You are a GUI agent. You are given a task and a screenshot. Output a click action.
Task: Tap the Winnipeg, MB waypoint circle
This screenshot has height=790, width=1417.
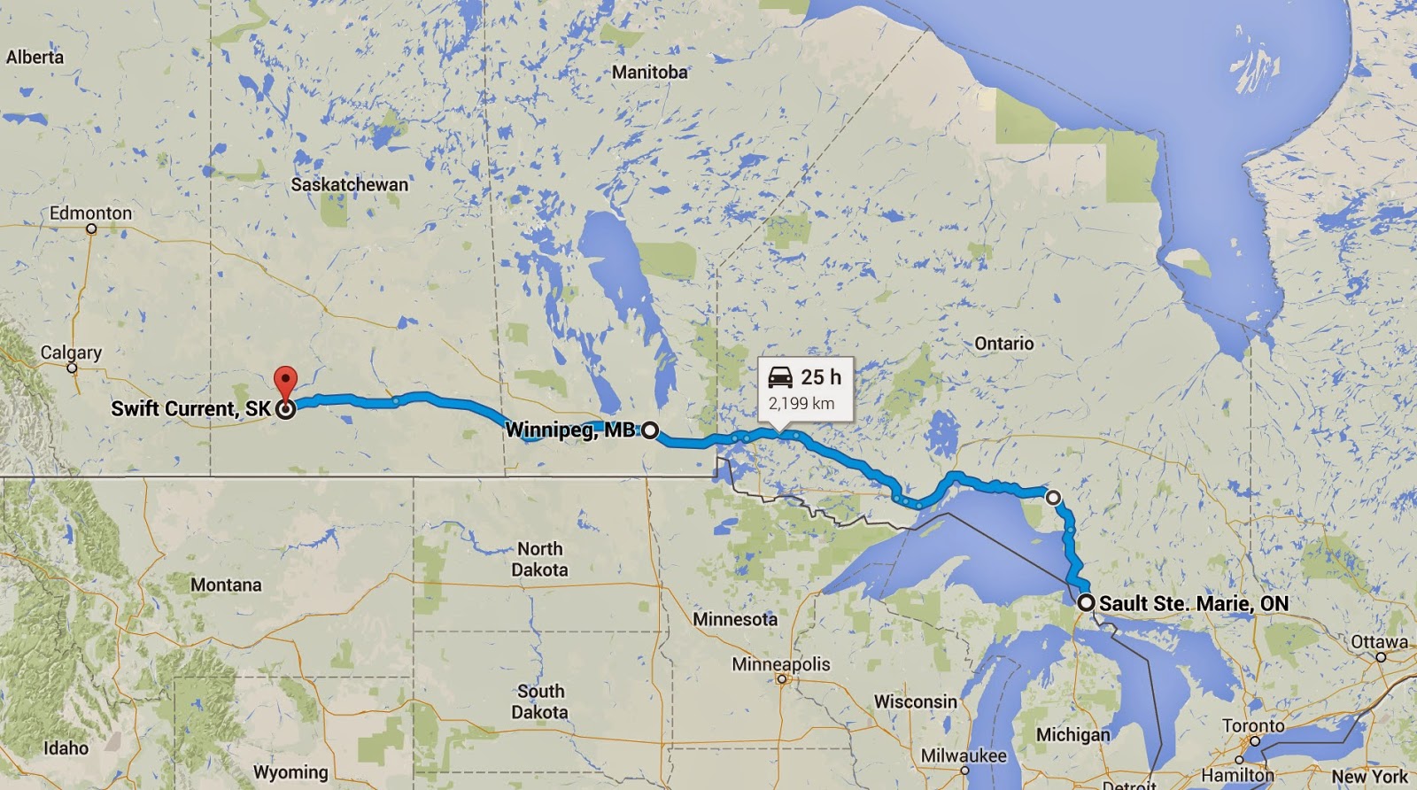(650, 430)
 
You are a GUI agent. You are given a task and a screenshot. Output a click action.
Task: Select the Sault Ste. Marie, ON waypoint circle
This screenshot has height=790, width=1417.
(1086, 602)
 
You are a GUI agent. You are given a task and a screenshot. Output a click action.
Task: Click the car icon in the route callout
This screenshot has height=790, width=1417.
(780, 377)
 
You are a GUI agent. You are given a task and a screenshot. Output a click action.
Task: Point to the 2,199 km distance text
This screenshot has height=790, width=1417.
(801, 404)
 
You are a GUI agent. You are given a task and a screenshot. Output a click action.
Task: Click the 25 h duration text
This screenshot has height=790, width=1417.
(821, 377)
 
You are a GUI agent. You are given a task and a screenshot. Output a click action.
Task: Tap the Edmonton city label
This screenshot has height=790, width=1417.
(90, 213)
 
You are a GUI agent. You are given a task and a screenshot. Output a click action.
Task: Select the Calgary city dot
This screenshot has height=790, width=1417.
(72, 368)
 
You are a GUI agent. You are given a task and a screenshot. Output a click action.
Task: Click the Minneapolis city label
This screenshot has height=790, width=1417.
(781, 663)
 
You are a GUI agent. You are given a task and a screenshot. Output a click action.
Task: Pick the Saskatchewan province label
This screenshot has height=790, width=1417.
(350, 184)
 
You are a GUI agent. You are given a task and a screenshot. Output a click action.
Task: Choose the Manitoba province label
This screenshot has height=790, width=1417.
(649, 72)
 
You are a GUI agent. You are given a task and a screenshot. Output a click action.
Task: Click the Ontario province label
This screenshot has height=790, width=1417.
(1003, 343)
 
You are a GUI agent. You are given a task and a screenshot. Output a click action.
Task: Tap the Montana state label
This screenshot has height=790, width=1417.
(226, 585)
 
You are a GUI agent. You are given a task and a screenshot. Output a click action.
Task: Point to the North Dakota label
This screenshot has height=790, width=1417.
(539, 559)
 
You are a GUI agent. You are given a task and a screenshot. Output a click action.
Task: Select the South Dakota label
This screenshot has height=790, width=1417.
(540, 701)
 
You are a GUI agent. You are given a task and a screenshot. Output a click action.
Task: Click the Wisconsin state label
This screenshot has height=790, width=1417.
(916, 701)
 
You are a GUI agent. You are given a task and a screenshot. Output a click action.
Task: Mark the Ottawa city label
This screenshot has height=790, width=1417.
(1379, 641)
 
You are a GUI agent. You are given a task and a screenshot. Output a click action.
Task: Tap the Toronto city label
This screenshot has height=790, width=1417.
(1253, 725)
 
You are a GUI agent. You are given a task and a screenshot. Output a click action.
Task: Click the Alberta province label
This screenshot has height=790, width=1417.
(35, 57)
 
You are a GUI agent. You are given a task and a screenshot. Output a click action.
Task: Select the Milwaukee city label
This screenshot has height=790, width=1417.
(964, 755)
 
